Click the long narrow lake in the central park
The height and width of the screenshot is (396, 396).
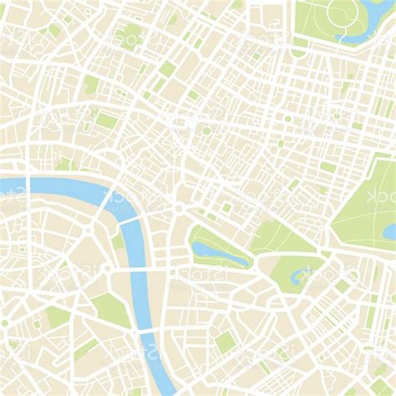[x=219, y=251]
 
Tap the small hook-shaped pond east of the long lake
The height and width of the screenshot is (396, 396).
[x=297, y=275]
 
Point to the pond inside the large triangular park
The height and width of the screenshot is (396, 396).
[x=389, y=231]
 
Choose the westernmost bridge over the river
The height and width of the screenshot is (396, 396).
[x=28, y=185]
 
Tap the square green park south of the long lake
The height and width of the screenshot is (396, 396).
[x=224, y=342]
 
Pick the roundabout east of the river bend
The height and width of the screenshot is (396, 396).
[x=177, y=208]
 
